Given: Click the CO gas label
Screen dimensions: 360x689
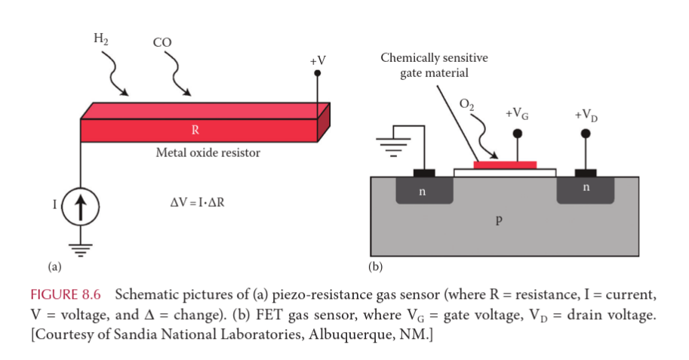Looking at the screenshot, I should [x=162, y=44].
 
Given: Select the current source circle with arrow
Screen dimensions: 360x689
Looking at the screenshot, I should [x=81, y=205].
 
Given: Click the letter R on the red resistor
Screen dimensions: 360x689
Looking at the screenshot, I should [x=195, y=130].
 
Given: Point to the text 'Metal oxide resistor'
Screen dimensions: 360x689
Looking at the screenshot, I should [x=208, y=153].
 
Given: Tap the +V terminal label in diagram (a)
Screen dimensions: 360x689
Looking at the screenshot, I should [x=317, y=60].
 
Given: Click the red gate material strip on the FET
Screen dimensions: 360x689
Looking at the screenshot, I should [x=505, y=164].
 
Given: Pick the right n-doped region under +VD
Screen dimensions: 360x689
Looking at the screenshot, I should [x=585, y=190].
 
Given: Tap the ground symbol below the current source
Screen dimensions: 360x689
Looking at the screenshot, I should [x=81, y=247].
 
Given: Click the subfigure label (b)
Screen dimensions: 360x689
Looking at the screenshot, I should [x=375, y=266].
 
